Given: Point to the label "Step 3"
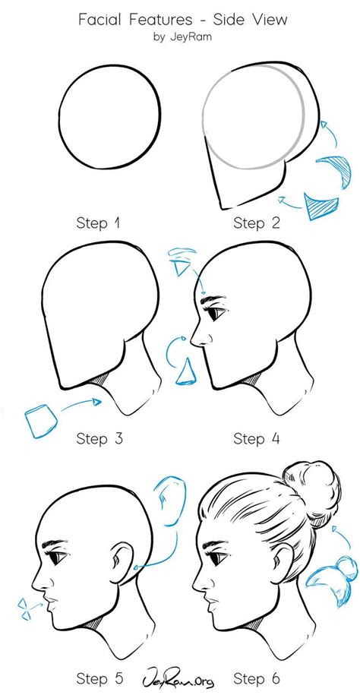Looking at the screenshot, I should pyautogui.click(x=101, y=438).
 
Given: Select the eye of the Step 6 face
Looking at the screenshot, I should pyautogui.click(x=216, y=558).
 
